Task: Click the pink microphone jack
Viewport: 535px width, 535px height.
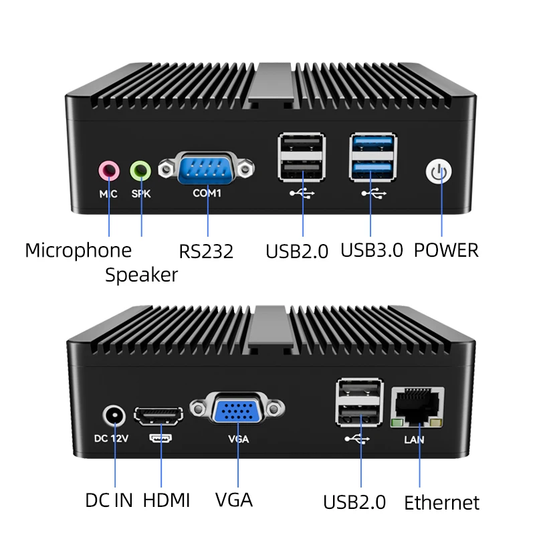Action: [x=108, y=171]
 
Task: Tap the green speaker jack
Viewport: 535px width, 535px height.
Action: [x=140, y=171]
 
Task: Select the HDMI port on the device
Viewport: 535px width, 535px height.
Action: [x=159, y=417]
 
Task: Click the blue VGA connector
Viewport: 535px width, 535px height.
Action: [x=237, y=409]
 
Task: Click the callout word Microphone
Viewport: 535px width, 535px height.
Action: [x=78, y=251]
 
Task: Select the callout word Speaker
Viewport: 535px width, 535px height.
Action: [x=141, y=275]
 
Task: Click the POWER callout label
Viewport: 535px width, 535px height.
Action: [x=446, y=250]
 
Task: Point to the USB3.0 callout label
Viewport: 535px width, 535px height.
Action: [x=372, y=250]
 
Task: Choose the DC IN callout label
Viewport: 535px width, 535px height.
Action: [x=110, y=500]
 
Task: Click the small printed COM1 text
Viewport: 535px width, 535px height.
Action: [x=207, y=193]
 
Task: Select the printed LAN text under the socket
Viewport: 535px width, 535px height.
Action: [x=414, y=439]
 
